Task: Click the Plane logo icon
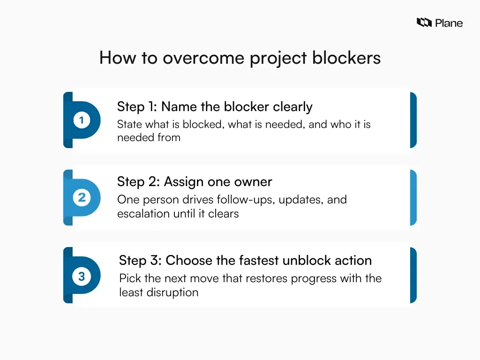(x=424, y=22)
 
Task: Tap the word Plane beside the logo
(x=449, y=23)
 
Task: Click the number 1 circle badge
(x=82, y=120)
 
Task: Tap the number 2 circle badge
(x=82, y=198)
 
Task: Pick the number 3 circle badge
(x=82, y=277)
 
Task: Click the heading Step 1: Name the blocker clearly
(x=215, y=107)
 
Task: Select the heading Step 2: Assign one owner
(x=195, y=182)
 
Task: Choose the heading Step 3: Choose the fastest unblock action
(x=245, y=260)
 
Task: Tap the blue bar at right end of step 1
(x=413, y=120)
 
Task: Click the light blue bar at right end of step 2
(x=413, y=198)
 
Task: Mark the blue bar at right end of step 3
(x=413, y=276)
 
